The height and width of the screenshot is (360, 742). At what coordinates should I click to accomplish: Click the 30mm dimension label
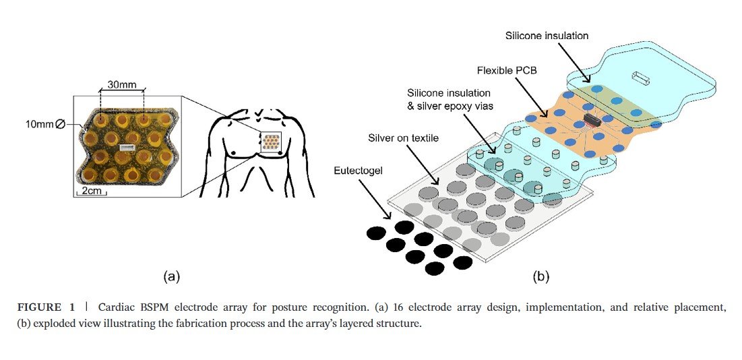point(121,86)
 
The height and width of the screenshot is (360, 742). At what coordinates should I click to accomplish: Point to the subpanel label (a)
point(172,276)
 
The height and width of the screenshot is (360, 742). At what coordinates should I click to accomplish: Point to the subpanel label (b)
point(541,276)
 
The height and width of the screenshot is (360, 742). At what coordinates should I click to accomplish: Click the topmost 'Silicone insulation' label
point(547,35)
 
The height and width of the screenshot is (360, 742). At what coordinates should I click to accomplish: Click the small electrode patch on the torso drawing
point(272,142)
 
